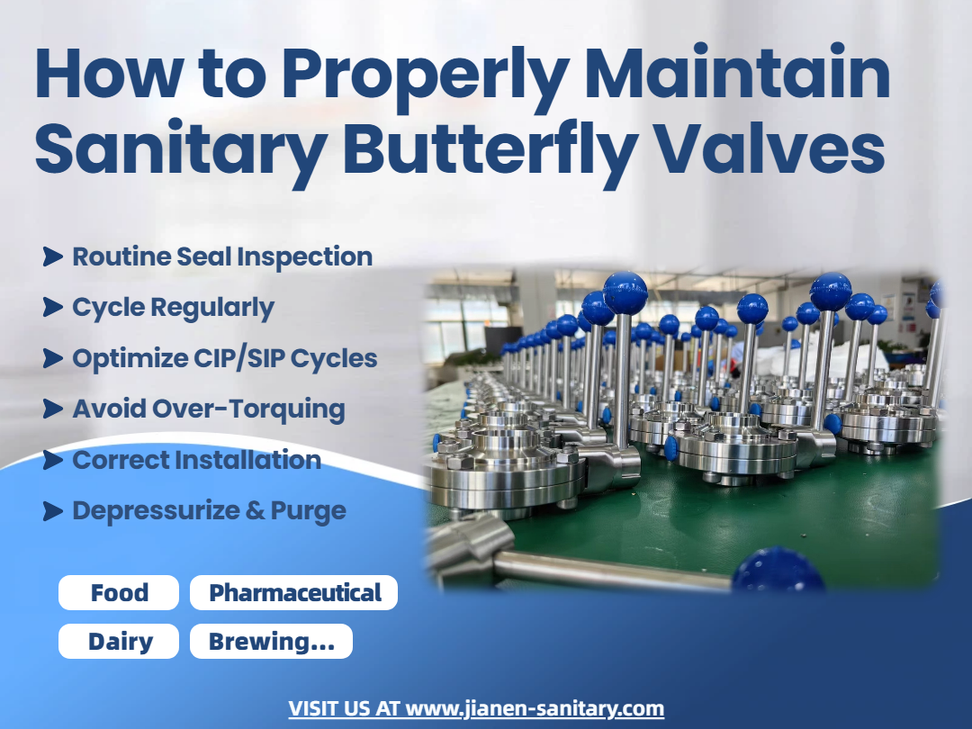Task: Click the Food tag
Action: tap(119, 592)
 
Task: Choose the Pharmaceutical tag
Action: tap(293, 592)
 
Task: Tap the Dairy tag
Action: tap(119, 641)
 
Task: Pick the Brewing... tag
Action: tap(271, 641)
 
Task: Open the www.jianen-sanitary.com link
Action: tap(535, 708)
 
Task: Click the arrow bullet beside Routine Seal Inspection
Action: tap(53, 256)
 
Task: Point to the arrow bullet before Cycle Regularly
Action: tap(53, 307)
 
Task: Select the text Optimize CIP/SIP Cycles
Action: tap(224, 359)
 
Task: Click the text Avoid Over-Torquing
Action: tap(208, 409)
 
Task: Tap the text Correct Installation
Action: tap(196, 460)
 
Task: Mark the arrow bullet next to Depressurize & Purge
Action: tap(53, 511)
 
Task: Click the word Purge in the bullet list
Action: tap(308, 512)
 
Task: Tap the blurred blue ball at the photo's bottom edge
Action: tap(778, 569)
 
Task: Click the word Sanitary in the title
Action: tap(181, 149)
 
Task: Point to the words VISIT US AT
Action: tap(344, 708)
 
